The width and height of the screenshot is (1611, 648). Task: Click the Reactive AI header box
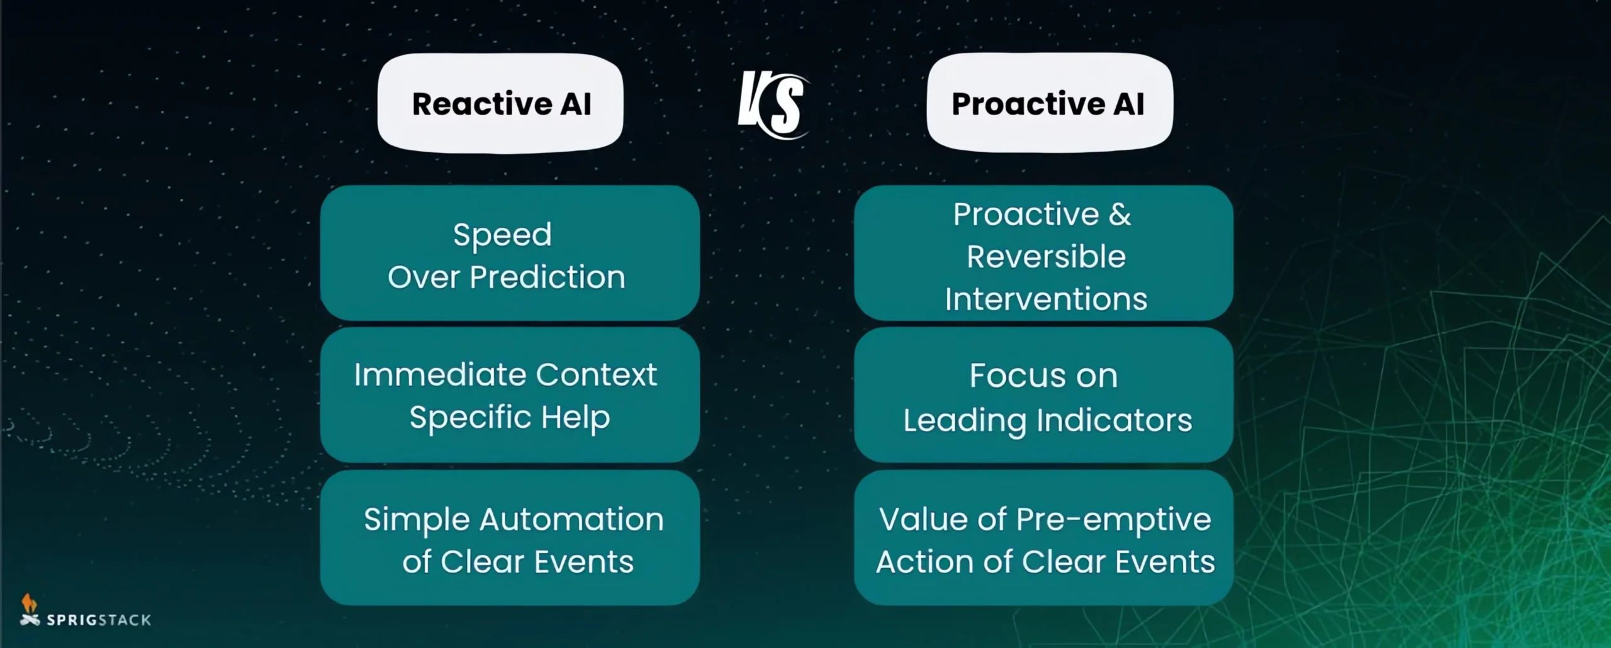pos(500,103)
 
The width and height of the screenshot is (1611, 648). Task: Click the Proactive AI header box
pos(1049,103)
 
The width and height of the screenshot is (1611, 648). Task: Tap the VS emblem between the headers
pos(773,105)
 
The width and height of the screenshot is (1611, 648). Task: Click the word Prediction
pos(547,277)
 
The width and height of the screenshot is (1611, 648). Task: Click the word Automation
pos(571,520)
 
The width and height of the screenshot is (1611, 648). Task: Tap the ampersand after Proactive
pos(1120,215)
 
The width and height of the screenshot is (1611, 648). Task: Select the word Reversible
pos(1046,257)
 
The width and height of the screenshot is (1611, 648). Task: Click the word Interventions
pos(1046,299)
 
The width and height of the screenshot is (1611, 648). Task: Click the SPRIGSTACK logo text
pos(99,620)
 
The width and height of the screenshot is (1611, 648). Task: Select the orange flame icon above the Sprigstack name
pos(28,603)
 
